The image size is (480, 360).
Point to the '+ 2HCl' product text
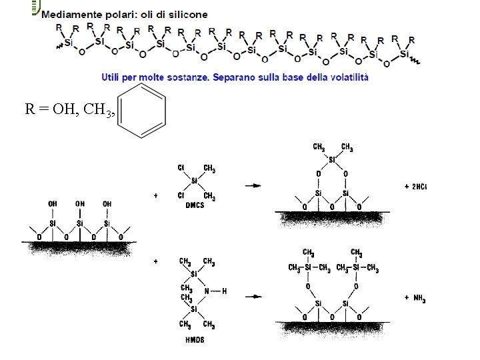tap(415, 187)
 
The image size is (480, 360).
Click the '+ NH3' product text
tap(415, 299)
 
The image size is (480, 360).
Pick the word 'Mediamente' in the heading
tap(69, 14)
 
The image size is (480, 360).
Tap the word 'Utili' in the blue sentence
tap(112, 77)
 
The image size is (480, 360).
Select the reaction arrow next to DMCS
tap(253, 185)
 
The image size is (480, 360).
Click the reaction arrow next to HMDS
tap(253, 296)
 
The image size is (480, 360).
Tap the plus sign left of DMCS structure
tap(155, 196)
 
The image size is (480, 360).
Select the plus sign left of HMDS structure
tap(155, 263)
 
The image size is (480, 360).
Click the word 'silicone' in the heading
tap(189, 14)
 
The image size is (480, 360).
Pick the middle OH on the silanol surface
tap(79, 203)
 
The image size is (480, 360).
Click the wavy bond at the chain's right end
tap(414, 60)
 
